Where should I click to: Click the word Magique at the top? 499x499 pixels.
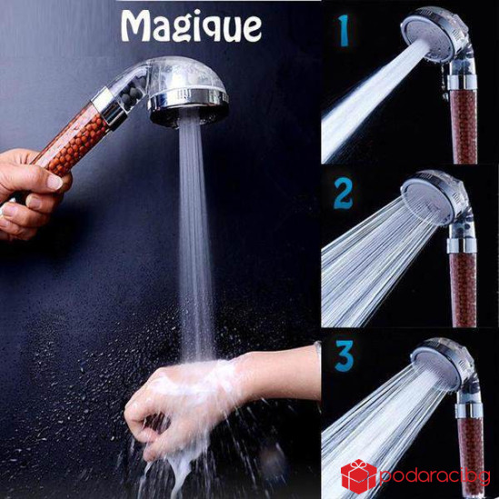coord(192,26)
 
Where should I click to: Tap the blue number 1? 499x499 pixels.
coord(343,31)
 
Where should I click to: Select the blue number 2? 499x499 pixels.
coord(343,194)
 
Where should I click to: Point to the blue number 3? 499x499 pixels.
coord(344,355)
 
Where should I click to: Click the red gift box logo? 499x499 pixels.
coord(359,476)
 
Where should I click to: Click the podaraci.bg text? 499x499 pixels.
coord(434,477)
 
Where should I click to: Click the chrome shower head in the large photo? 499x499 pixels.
coord(188,93)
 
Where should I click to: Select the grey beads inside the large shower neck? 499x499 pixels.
coord(131,95)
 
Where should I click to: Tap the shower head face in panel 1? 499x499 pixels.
coord(425,35)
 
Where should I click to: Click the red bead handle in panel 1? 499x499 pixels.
coord(464,126)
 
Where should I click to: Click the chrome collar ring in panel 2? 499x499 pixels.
coord(462,245)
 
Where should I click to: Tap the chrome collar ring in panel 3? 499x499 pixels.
coord(469,411)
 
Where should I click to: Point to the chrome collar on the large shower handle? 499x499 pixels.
coord(109,106)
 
